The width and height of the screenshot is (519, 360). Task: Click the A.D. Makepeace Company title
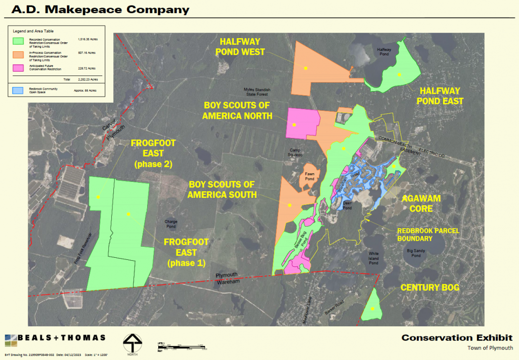96,10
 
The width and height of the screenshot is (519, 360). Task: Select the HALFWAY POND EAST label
440,96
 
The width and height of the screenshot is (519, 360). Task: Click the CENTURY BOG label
430,287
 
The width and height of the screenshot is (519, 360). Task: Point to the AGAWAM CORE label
421,203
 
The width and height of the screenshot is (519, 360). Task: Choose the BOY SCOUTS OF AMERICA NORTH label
237,110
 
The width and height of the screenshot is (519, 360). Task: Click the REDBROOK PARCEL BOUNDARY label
422,234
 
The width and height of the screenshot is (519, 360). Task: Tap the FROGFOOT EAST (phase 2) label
153,154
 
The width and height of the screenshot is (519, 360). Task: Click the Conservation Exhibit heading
457,338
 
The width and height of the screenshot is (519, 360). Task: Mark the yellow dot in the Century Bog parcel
372,309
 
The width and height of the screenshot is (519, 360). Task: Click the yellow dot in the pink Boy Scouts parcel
293,124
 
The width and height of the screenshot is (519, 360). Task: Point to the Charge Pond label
171,224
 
